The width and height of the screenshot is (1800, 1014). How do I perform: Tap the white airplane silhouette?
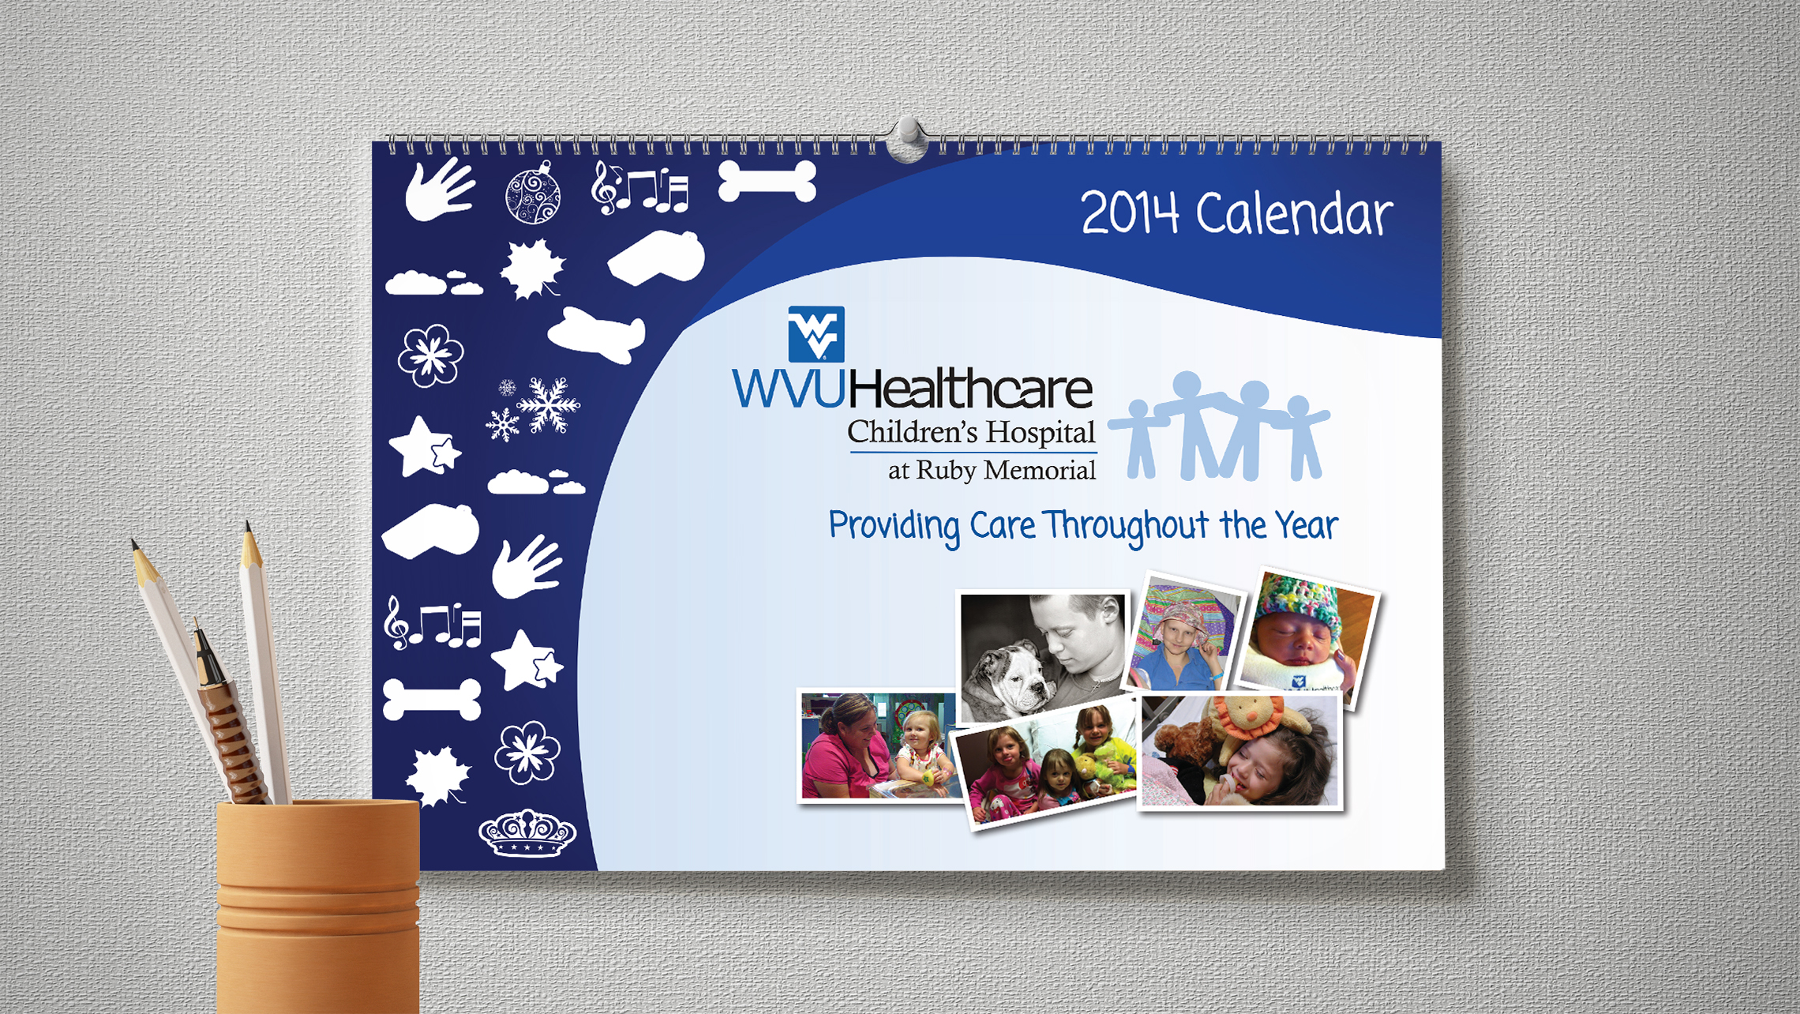tap(597, 335)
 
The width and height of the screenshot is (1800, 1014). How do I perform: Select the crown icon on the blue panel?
tap(527, 832)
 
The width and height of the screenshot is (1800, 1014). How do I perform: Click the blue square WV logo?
tap(816, 334)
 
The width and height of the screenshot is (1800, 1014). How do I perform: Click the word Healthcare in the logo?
tap(970, 389)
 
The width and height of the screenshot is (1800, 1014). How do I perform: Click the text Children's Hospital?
tap(971, 432)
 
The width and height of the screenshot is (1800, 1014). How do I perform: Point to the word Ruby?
tap(946, 471)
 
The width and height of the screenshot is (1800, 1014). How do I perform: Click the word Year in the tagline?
tap(1307, 525)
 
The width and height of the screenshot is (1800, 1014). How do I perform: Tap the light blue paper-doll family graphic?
tap(1219, 426)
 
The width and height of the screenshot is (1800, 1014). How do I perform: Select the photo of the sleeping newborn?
tap(1307, 637)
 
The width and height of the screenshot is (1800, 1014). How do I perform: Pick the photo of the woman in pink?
tap(879, 745)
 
